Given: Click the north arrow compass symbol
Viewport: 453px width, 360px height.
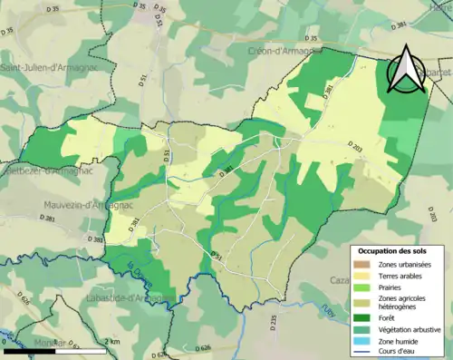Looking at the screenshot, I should point(407,70).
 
